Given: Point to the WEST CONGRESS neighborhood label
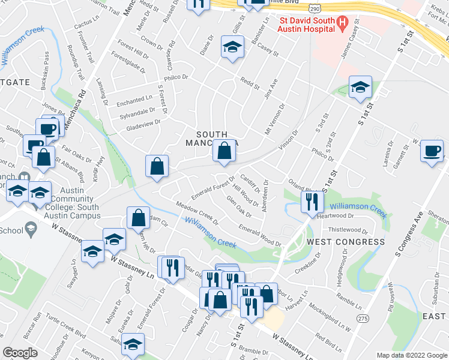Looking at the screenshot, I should (x=346, y=242).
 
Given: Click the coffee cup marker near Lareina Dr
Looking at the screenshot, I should (x=432, y=151).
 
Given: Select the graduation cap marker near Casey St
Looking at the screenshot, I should (x=232, y=47).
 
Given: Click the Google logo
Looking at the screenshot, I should (x=20, y=353).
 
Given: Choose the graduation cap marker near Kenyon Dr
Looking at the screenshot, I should (x=133, y=346).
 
